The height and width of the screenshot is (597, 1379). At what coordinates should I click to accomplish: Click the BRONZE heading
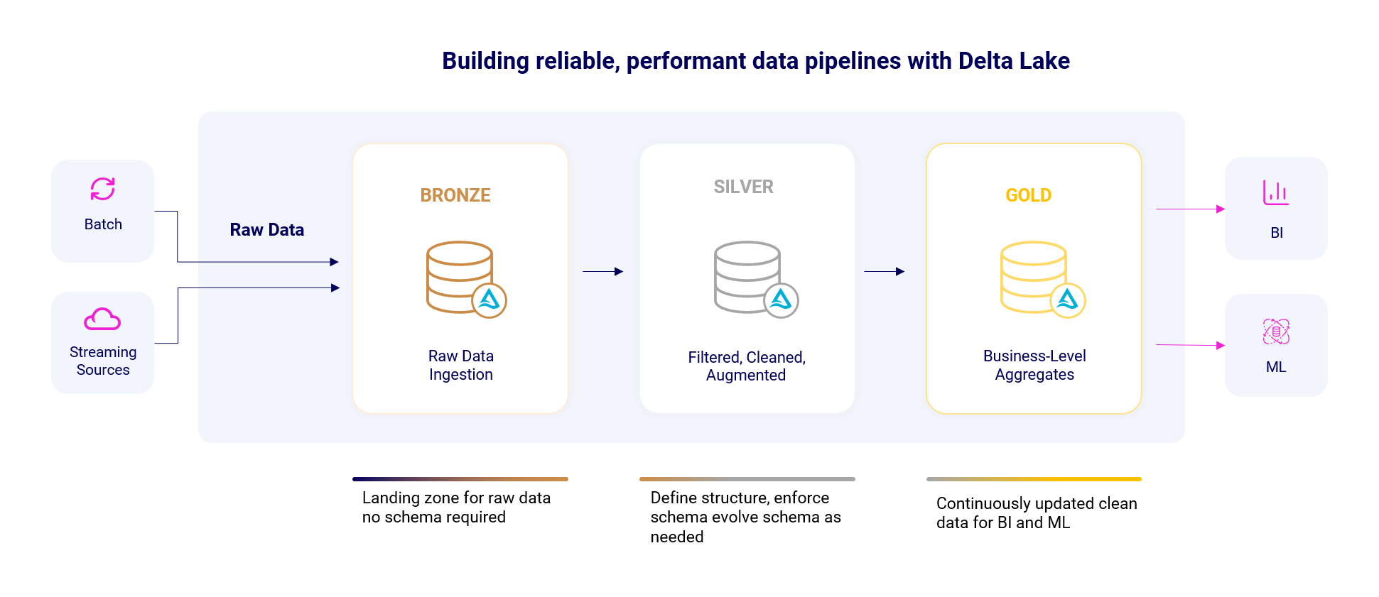(x=455, y=195)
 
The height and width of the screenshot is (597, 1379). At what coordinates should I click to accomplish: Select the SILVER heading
(x=743, y=187)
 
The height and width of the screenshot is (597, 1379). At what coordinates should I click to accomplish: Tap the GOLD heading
(x=1028, y=195)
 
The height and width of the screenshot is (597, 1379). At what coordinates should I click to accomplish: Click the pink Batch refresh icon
(x=103, y=189)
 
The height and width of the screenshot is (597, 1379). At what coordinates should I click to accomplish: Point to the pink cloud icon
(x=102, y=319)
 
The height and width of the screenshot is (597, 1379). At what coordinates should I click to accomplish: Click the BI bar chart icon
(x=1276, y=192)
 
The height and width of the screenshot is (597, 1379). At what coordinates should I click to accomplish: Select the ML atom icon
(x=1276, y=332)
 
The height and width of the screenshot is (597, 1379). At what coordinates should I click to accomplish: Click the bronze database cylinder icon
(x=460, y=277)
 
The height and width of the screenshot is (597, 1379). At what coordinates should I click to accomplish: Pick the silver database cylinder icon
(x=747, y=277)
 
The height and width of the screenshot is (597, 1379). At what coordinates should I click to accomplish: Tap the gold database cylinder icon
(x=1034, y=277)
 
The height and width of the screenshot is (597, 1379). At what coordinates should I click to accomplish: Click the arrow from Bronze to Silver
(x=603, y=271)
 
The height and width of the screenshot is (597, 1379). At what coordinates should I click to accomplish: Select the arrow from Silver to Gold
(x=885, y=271)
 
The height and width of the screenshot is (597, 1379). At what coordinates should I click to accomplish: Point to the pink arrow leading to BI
(x=1191, y=209)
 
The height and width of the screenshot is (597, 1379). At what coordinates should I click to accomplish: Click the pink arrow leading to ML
(x=1191, y=345)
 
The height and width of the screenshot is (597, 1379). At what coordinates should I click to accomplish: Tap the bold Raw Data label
(x=267, y=230)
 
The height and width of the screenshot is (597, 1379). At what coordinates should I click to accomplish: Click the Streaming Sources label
(x=103, y=361)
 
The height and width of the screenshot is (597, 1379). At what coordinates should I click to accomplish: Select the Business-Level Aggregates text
(x=1034, y=365)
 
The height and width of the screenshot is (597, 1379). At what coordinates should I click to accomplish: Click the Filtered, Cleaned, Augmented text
(x=747, y=366)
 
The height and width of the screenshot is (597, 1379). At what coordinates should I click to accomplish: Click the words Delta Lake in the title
(x=1014, y=61)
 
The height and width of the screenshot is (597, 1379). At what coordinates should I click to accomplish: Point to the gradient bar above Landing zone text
(x=460, y=479)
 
